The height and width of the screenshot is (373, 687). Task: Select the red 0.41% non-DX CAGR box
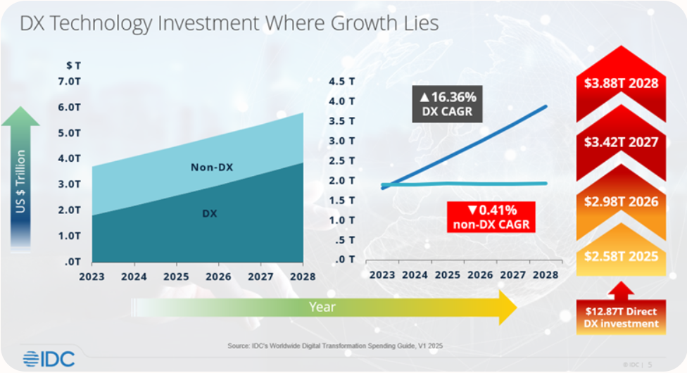click(x=491, y=217)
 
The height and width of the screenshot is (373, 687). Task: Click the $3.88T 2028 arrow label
click(x=621, y=83)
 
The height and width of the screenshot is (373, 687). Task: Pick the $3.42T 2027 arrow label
click(x=621, y=142)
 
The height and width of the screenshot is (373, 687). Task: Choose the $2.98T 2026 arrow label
click(x=621, y=202)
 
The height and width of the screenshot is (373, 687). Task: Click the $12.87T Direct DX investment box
click(x=621, y=317)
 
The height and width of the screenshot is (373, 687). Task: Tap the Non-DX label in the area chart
click(x=211, y=167)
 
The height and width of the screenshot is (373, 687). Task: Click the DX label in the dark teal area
click(x=209, y=213)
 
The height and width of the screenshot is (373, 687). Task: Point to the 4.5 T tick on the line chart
click(x=342, y=82)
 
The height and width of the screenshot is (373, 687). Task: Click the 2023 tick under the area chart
click(x=92, y=277)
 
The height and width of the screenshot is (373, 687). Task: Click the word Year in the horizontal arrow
click(x=322, y=307)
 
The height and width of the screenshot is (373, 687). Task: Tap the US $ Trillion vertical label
click(x=21, y=182)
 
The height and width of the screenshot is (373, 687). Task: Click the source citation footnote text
click(x=334, y=345)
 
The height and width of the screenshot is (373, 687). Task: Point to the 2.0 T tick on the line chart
click(x=342, y=181)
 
